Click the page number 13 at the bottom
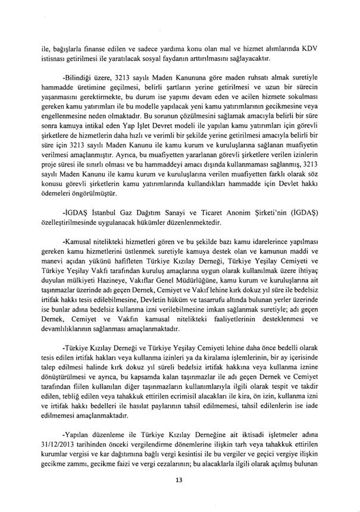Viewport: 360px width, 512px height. (179, 480)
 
